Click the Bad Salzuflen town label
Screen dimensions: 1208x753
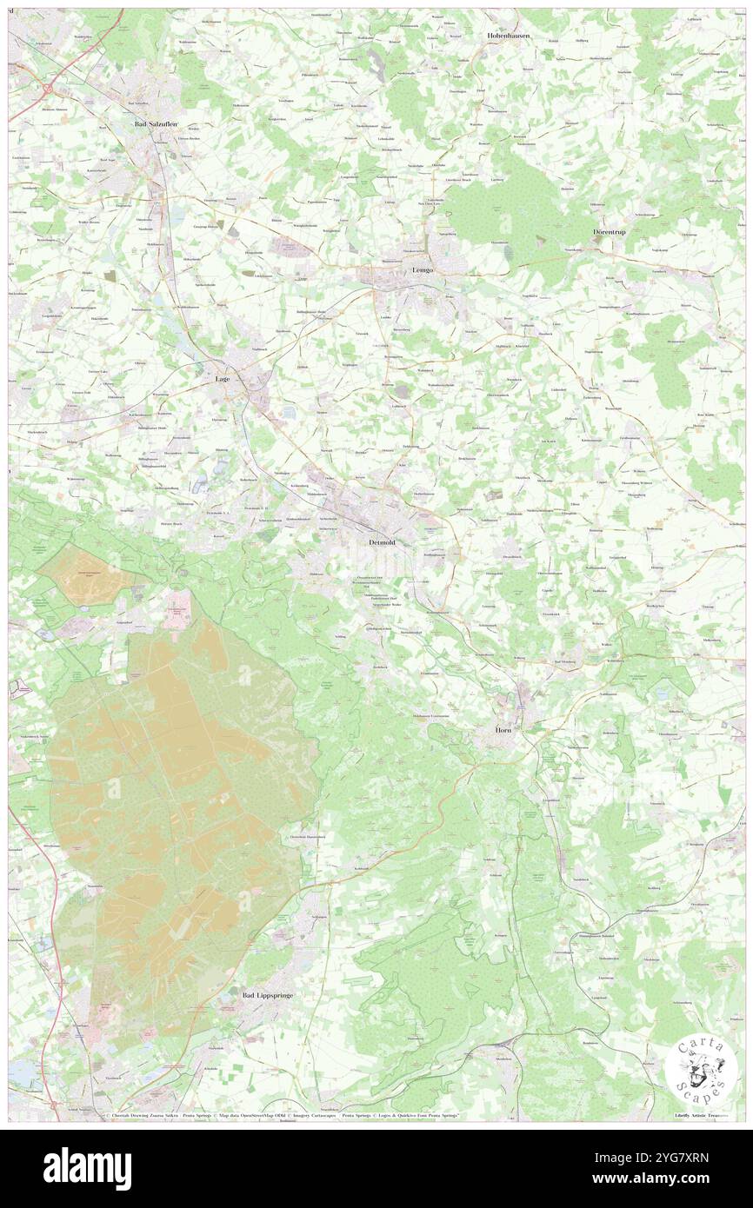point(156,124)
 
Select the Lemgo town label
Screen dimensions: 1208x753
point(423,270)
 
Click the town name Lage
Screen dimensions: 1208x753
point(223,379)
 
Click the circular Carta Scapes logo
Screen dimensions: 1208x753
point(701,1066)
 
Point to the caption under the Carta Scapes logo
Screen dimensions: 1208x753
point(701,1114)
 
